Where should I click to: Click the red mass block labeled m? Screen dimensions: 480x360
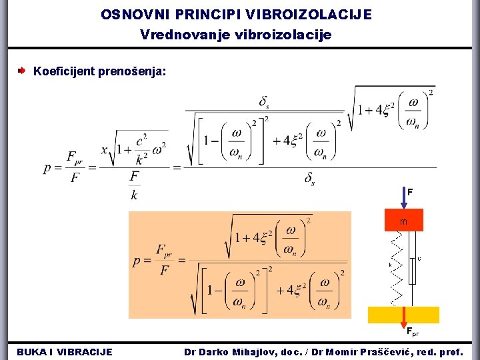[x=403, y=221]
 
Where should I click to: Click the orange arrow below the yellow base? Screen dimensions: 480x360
[x=403, y=319]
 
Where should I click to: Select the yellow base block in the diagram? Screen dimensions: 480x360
[x=403, y=315]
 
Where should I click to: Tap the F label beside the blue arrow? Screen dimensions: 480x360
[x=411, y=192]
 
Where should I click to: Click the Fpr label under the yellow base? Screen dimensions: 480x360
[x=413, y=331]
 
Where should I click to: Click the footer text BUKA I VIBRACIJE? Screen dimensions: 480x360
[x=65, y=351]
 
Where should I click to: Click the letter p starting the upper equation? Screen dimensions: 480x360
[x=48, y=168]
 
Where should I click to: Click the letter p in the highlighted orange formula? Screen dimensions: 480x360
[x=137, y=261]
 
